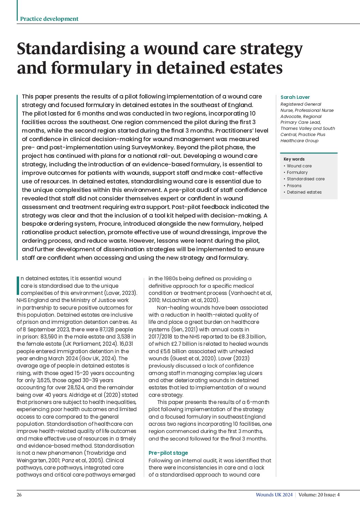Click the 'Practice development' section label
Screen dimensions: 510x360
click(x=49, y=19)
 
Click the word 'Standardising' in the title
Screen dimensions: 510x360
click(x=71, y=48)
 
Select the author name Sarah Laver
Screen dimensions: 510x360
click(x=295, y=97)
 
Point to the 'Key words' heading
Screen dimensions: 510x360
click(x=294, y=159)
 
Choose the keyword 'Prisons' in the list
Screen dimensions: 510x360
click(x=294, y=185)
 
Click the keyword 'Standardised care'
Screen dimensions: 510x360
click(x=305, y=179)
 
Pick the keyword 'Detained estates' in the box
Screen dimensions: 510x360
click(x=304, y=192)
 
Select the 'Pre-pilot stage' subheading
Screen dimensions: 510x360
click(x=168, y=453)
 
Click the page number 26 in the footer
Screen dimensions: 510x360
click(x=19, y=495)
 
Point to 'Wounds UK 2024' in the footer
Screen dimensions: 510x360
click(x=274, y=495)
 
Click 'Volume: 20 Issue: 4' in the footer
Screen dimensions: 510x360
click(x=319, y=495)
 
